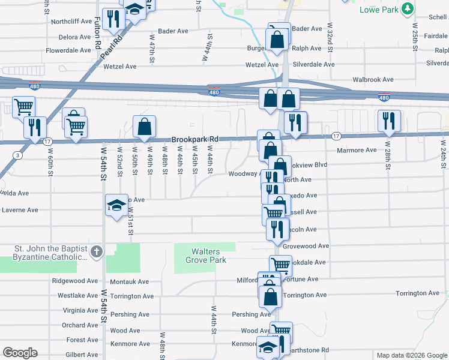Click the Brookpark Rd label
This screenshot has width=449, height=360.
[193, 139]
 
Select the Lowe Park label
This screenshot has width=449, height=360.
[379, 10]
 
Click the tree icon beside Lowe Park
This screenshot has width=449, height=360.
[408, 9]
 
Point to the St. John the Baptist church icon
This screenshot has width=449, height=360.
[97, 253]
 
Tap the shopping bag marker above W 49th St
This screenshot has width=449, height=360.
[144, 126]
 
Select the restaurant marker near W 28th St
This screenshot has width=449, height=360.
[389, 120]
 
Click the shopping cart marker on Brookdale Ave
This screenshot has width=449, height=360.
[280, 264]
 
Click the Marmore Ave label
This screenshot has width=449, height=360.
[357, 150]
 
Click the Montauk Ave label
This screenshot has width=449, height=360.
[129, 281]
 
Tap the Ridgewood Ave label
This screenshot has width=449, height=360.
[74, 280]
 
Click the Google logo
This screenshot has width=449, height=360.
[20, 353]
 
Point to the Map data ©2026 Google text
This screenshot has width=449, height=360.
[411, 355]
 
